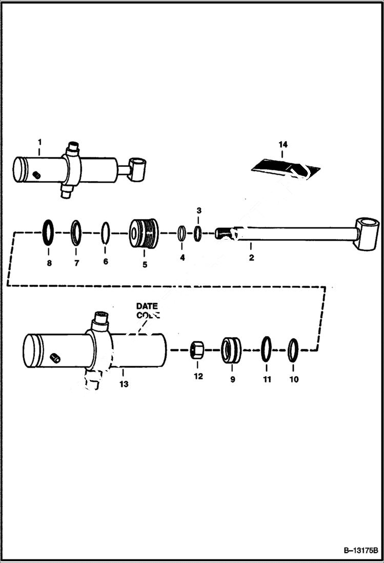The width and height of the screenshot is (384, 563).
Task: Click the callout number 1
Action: (x=39, y=141)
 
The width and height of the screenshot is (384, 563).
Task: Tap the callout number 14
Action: (x=282, y=145)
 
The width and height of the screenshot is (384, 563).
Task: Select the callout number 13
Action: (x=124, y=384)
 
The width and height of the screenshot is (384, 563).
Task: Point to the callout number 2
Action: (x=251, y=258)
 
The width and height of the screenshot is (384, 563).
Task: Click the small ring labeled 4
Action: (x=182, y=233)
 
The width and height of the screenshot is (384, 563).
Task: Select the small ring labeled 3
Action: (x=198, y=233)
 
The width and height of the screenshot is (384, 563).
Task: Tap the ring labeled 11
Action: (x=266, y=349)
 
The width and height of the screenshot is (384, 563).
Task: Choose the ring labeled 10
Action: (x=293, y=349)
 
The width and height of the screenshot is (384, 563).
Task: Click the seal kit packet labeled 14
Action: (x=284, y=167)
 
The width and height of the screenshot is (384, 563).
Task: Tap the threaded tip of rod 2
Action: (x=221, y=234)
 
